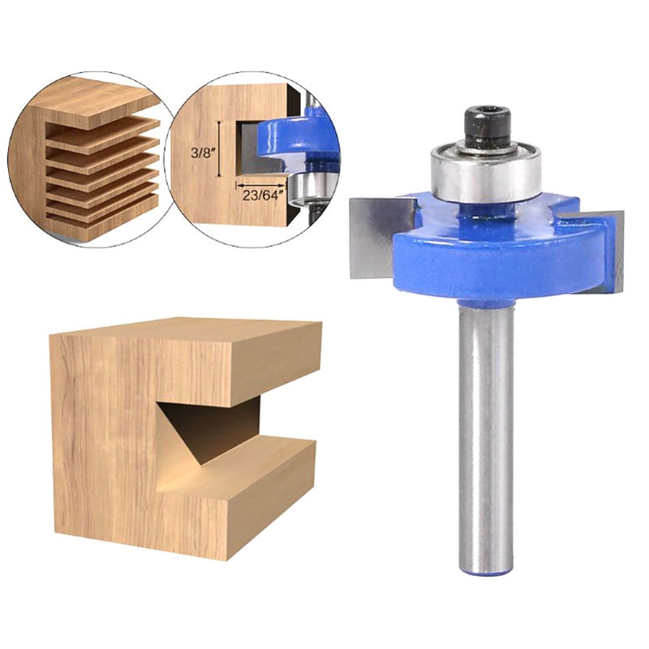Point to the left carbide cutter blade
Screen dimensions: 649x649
pos(379,237)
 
